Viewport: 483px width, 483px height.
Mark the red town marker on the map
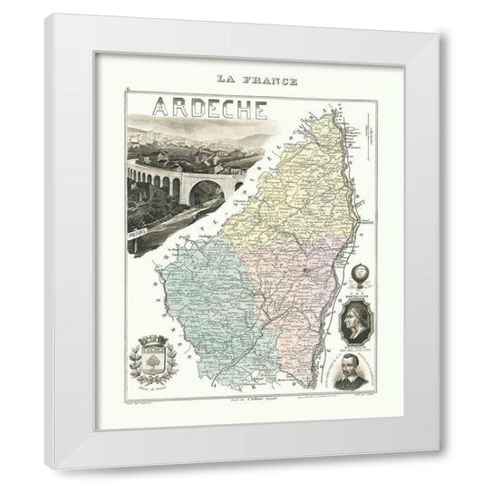306,270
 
